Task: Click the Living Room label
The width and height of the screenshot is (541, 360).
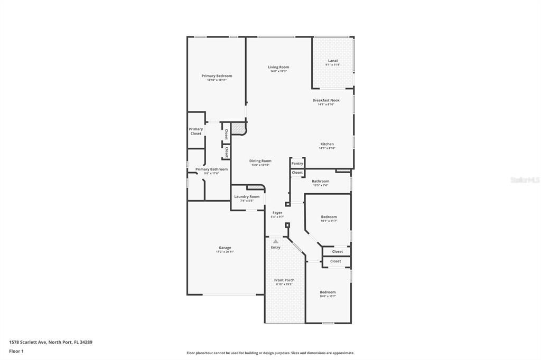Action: [278, 67]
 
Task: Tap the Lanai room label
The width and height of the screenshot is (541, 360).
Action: [333, 61]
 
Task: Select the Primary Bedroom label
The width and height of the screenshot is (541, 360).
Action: [217, 76]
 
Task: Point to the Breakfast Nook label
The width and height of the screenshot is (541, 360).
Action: [326, 100]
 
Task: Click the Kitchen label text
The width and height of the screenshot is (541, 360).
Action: [327, 144]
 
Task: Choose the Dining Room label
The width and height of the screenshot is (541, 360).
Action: [260, 161]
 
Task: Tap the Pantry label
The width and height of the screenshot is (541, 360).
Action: [297, 164]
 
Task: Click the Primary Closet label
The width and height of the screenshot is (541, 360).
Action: [196, 131]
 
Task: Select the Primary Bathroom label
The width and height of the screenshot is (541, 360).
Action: [211, 169]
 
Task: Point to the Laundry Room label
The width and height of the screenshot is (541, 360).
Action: [247, 197]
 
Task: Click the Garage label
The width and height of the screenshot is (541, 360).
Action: [225, 248]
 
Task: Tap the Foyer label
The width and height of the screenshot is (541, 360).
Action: [277, 213]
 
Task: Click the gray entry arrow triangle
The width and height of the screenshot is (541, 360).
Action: [275, 241]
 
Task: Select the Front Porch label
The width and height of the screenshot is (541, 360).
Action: [284, 280]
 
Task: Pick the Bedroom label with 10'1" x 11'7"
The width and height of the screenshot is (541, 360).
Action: [329, 217]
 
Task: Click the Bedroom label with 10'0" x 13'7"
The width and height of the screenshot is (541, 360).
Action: [328, 292]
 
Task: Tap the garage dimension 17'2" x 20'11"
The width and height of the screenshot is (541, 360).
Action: [225, 252]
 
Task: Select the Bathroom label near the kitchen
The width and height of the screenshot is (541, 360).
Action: [320, 181]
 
